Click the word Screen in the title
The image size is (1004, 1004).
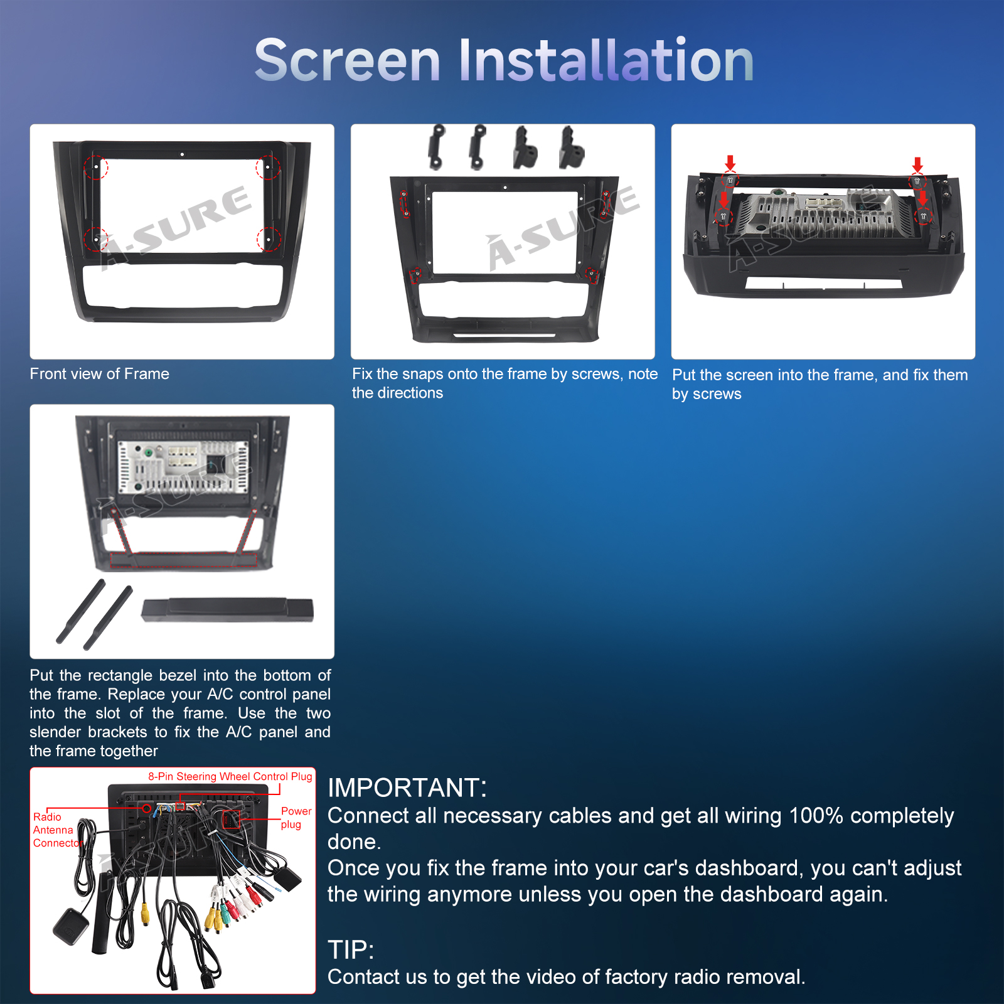coord(348,60)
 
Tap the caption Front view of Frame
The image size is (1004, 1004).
coord(99,374)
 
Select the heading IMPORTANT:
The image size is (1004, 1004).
coord(407,788)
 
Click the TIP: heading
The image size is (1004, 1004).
coord(351,950)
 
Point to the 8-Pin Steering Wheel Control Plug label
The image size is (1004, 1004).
coord(230,776)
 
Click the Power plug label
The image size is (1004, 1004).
coord(296,818)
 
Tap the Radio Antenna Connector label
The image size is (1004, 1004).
coord(57,830)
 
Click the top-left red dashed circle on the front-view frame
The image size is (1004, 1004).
coord(96,167)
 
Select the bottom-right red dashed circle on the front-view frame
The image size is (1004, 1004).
coord(269,239)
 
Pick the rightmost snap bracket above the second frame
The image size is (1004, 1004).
coord(571,148)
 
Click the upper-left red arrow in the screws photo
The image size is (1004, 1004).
coord(730,163)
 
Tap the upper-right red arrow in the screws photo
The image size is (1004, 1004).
coord(917,164)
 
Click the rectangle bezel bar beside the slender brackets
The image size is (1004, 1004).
coord(227,610)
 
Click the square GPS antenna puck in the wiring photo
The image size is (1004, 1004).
coord(71,925)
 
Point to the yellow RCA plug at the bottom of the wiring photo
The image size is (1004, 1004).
coord(145,913)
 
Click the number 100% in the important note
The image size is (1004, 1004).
coord(815,816)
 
